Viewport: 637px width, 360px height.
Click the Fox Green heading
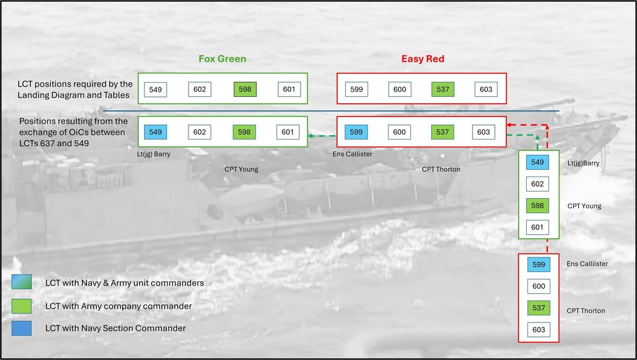[222, 59]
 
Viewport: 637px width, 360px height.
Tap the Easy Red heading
[422, 59]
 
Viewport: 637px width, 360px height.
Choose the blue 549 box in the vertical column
[538, 162]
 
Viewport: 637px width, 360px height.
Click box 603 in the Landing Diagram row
[486, 89]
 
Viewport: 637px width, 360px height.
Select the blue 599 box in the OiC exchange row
[356, 132]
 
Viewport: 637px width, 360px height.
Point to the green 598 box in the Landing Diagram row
[245, 89]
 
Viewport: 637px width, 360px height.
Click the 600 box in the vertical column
[538, 287]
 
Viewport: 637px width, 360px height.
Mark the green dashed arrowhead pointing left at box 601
[311, 135]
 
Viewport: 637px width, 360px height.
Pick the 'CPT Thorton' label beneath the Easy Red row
[441, 169]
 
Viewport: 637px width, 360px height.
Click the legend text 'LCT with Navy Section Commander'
[117, 329]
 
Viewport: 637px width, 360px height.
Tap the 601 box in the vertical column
[538, 227]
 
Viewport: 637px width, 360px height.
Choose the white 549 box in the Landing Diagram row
[155, 89]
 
